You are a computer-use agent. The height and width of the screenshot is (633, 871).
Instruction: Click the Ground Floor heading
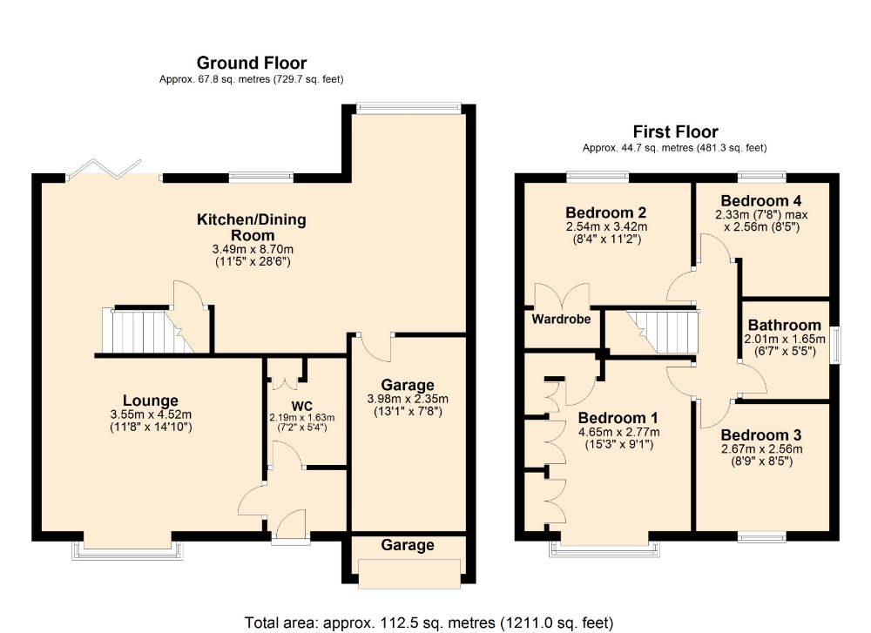[x=251, y=62]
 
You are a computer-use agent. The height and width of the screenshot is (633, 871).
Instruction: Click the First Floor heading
[x=675, y=131]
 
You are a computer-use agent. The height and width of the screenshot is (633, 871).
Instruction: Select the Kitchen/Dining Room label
[x=253, y=227]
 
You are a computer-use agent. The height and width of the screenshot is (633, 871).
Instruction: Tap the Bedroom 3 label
[x=761, y=434]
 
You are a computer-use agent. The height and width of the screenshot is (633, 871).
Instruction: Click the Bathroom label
[x=784, y=325]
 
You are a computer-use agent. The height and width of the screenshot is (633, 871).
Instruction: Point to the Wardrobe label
[x=561, y=319]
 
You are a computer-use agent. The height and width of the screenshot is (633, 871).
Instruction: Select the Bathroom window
[x=835, y=345]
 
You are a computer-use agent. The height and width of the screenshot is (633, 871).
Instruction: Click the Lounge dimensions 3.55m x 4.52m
[x=151, y=414]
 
